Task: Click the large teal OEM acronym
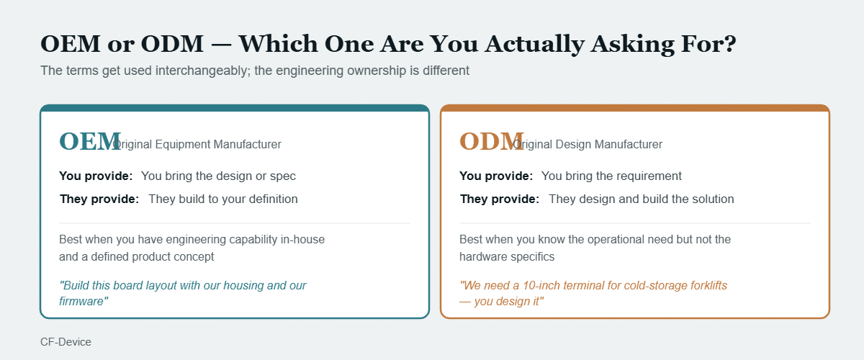[x=90, y=141]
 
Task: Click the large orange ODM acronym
[x=491, y=141]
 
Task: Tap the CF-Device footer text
[x=66, y=342]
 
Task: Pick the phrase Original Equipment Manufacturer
[x=197, y=144]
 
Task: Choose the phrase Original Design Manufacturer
[x=588, y=144]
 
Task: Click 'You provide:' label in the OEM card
[x=96, y=176]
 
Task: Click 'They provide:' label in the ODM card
[x=500, y=199]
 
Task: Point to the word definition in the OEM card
[x=273, y=199]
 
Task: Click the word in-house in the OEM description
[x=303, y=239]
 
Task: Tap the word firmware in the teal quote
[x=84, y=301]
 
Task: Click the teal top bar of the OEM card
[x=235, y=108]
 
